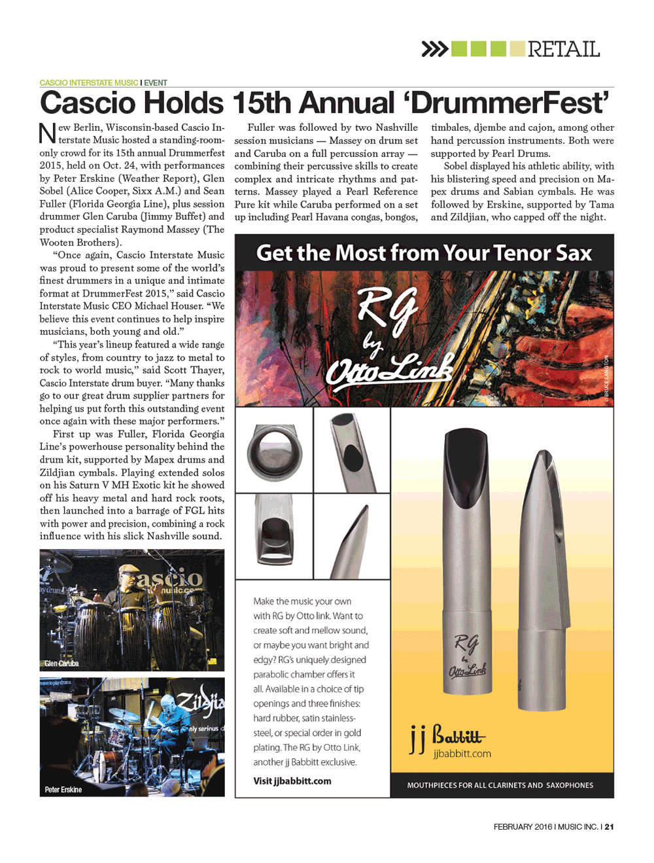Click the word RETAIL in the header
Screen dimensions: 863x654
[563, 49]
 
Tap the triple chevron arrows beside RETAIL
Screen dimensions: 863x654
[434, 49]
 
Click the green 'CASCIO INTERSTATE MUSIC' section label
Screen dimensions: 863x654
[89, 83]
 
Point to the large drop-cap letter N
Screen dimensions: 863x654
[48, 133]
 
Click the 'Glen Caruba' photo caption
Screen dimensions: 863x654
[61, 663]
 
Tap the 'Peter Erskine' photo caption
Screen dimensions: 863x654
[63, 790]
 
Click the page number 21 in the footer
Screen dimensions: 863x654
[610, 827]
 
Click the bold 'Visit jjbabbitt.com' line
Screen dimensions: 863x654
[292, 781]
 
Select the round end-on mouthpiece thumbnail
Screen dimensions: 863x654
[275, 451]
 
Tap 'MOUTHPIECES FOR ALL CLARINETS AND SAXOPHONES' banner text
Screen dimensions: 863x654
[500, 785]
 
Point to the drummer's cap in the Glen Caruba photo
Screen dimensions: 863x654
[130, 570]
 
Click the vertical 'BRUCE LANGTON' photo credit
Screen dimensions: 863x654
[606, 376]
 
